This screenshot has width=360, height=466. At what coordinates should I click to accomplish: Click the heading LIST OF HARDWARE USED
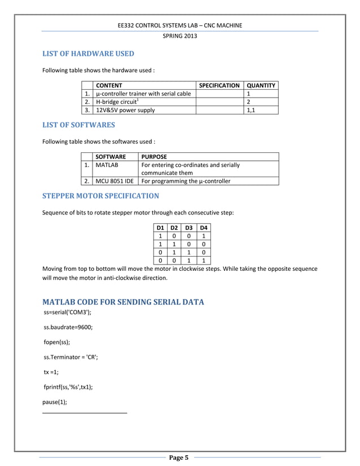(x=89, y=54)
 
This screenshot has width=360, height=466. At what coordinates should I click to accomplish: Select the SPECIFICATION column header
(x=219, y=85)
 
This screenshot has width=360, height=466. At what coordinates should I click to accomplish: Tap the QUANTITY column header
(x=261, y=85)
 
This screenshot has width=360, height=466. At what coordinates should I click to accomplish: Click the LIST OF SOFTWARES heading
(x=79, y=125)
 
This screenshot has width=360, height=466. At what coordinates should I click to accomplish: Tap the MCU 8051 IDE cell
(x=115, y=181)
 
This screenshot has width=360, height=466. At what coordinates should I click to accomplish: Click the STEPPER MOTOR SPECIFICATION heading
(x=101, y=196)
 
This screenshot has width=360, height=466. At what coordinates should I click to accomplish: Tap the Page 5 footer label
(x=179, y=458)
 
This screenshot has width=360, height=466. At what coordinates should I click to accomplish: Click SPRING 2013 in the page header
(x=180, y=36)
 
